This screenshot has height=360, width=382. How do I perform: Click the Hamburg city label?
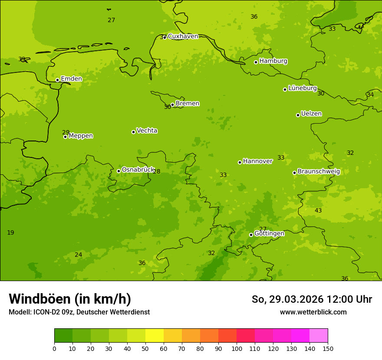pyautogui.click(x=273, y=61)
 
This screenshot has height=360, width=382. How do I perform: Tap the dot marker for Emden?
pyautogui.click(x=57, y=80)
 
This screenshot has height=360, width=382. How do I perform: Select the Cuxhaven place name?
pyautogui.click(x=183, y=36)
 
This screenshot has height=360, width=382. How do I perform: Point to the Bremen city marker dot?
pyautogui.click(x=172, y=105)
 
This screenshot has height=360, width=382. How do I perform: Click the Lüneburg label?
pyautogui.click(x=302, y=88)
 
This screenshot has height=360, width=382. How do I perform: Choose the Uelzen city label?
pyautogui.click(x=311, y=114)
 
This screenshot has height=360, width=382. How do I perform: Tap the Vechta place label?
pyautogui.click(x=147, y=131)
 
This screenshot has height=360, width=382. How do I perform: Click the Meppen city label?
pyautogui.click(x=81, y=136)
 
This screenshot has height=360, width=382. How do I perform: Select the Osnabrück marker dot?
pyautogui.click(x=119, y=171)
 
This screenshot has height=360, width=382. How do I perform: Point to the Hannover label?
pyautogui.click(x=257, y=161)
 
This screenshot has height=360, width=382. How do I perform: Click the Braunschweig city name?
pyautogui.click(x=319, y=172)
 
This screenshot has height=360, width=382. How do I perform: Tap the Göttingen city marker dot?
pyautogui.click(x=251, y=235)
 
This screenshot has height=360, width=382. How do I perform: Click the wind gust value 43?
pyautogui.click(x=318, y=210)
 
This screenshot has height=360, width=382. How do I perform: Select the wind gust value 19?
pyautogui.click(x=10, y=233)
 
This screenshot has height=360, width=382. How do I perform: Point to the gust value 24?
pyautogui.click(x=78, y=255)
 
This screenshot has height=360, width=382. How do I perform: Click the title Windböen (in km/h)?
pyautogui.click(x=70, y=299)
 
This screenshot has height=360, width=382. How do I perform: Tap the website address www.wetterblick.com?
pyautogui.click(x=313, y=312)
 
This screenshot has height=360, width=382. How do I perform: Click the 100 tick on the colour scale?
pyautogui.click(x=237, y=348)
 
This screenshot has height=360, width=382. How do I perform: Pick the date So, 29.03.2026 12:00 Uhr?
pyautogui.click(x=312, y=299)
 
